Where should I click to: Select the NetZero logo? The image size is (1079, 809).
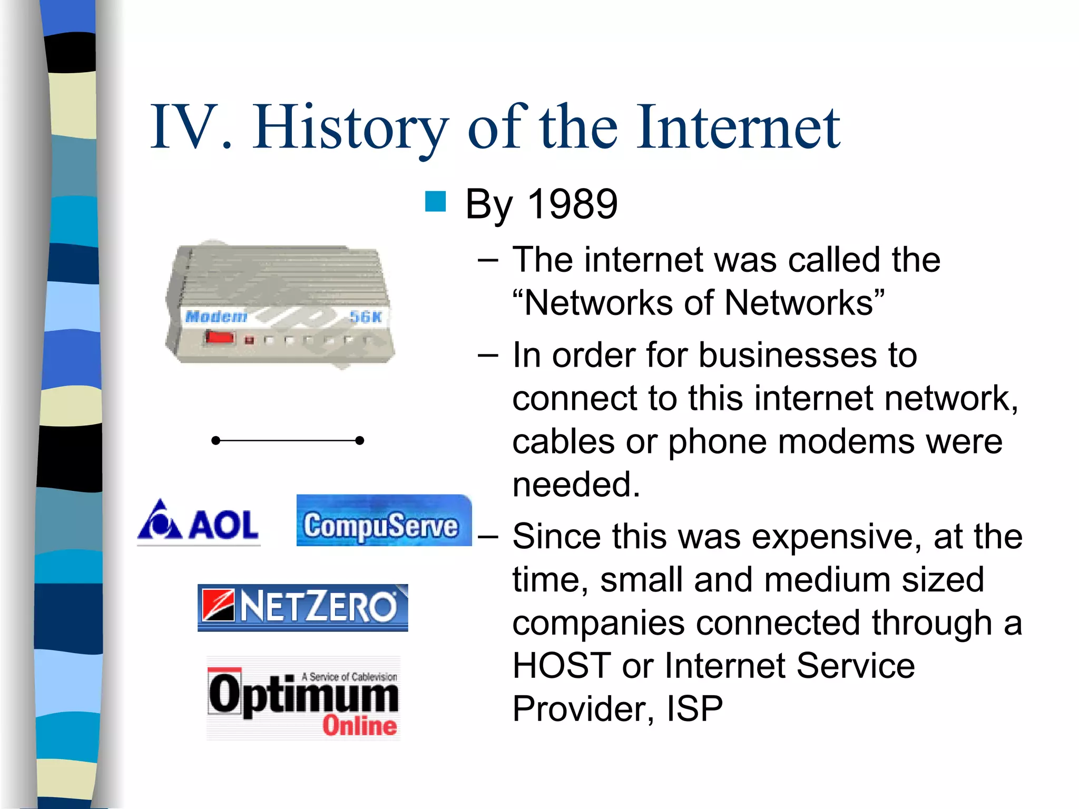click(302, 607)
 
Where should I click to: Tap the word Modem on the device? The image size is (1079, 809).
click(216, 317)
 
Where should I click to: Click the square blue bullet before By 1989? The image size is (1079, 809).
click(435, 202)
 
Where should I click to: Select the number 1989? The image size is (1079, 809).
click(572, 204)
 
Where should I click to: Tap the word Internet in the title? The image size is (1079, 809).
click(738, 128)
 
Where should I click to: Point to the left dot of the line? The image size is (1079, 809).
click(215, 440)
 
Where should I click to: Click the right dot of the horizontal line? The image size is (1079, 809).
click(359, 440)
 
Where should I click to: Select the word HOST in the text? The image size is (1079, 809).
click(562, 666)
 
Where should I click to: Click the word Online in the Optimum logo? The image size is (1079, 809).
click(359, 726)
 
